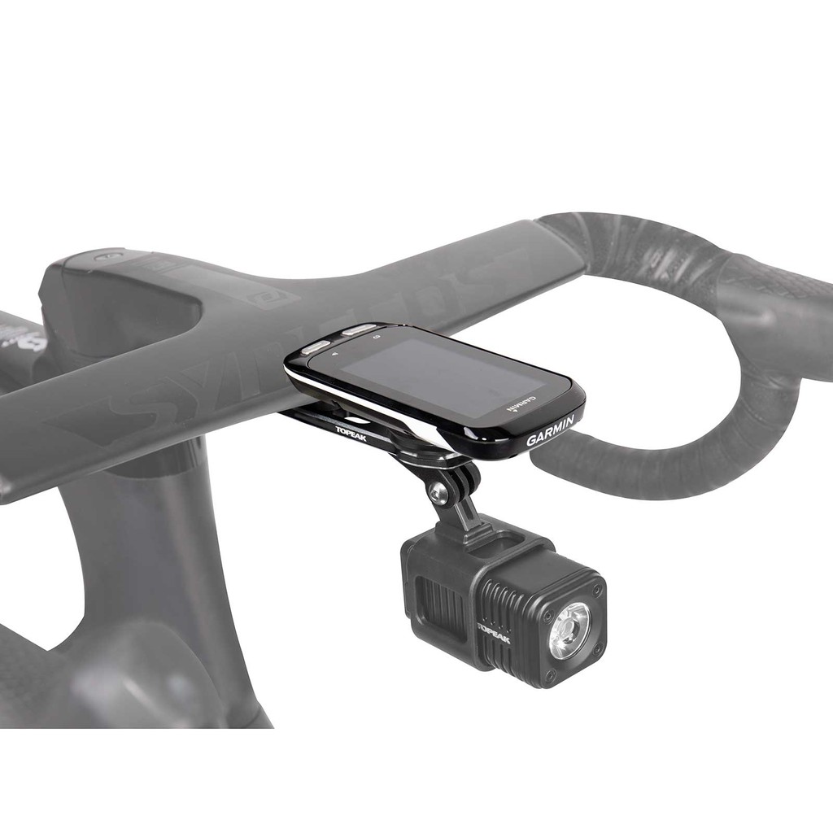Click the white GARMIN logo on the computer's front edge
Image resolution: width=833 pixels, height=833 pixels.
coord(551,431)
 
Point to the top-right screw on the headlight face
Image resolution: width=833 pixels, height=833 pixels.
coord(596,587)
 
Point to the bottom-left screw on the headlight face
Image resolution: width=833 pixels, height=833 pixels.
coord(541,673)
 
